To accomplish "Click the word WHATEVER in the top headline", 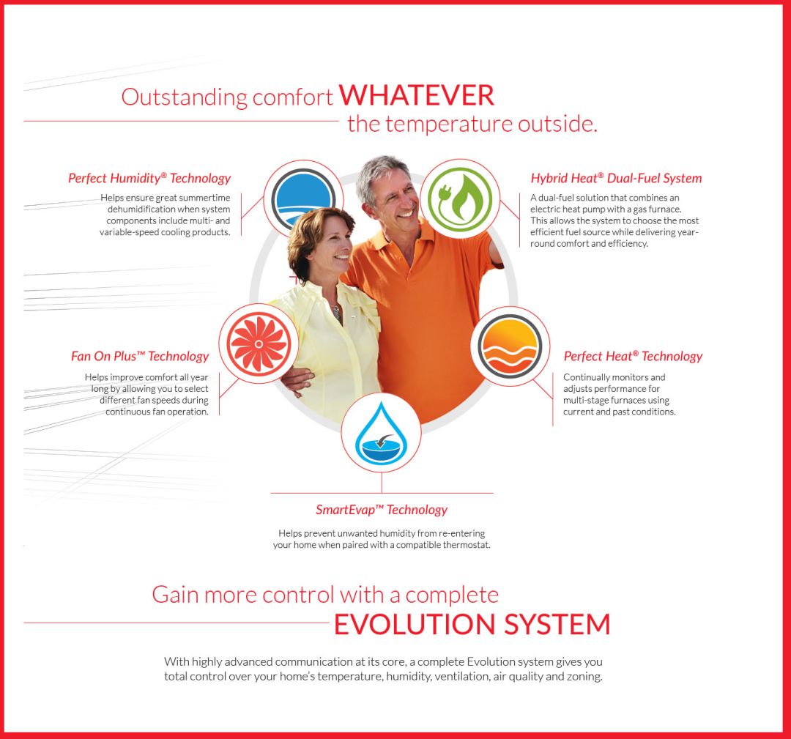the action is point(416,95).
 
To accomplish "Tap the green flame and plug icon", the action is point(459,198).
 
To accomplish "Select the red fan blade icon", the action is point(259,343).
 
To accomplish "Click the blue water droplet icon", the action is point(381,433).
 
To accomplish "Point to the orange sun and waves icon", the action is point(510,346).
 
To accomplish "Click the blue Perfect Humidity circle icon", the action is point(302,198).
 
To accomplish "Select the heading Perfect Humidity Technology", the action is point(149,178).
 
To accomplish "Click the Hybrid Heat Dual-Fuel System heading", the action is point(616,178).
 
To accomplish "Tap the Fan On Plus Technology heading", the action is point(140,356).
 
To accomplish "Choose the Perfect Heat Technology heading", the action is point(633,356).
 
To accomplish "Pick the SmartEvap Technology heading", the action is point(382,510).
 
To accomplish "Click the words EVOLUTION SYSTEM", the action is point(472,624).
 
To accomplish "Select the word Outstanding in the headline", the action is point(184,97).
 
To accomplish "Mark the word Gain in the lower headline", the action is point(175,595).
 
